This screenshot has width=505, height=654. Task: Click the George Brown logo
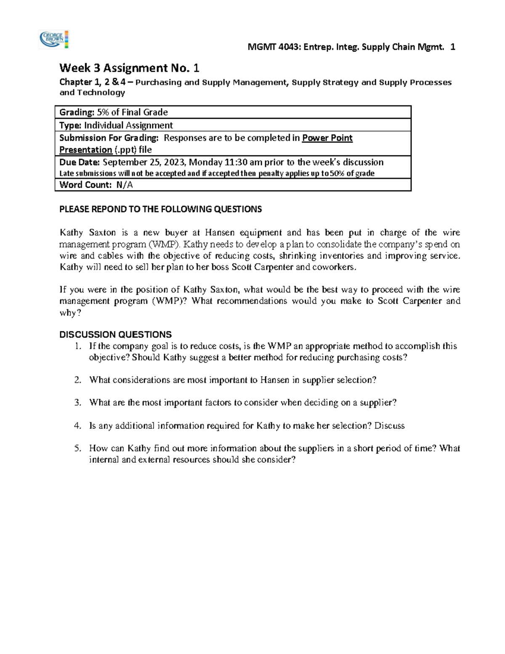coord(53,40)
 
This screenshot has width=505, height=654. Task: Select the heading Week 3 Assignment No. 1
coord(129,68)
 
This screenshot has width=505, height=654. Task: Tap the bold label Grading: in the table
coord(77,112)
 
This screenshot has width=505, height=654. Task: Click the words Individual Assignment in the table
coord(128,125)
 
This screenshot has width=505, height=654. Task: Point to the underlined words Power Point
coord(327,138)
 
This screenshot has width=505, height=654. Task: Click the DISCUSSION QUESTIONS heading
coord(115,335)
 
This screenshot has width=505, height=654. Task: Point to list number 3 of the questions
coord(77,403)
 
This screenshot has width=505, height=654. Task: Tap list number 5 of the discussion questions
coord(77,448)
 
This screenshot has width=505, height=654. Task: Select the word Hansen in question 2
coord(274,380)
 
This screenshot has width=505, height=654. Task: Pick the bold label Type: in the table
coord(70,125)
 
